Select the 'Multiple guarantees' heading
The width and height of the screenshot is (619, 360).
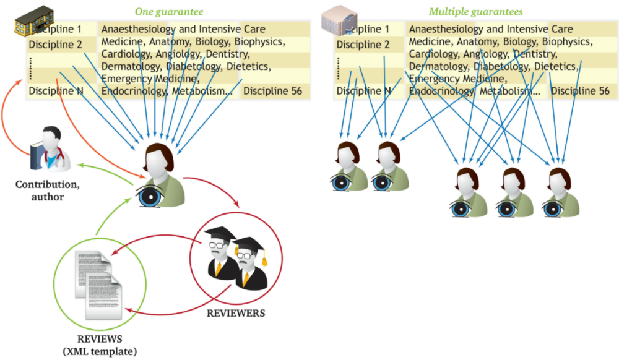coord(475,11)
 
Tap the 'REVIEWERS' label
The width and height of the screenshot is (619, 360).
coord(236,313)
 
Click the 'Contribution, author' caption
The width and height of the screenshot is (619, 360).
coord(48,191)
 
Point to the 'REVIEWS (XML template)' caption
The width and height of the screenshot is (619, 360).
coord(100,345)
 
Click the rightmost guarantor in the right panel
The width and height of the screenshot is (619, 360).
coord(561,192)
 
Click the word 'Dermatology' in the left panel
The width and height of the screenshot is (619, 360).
coord(130,66)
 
